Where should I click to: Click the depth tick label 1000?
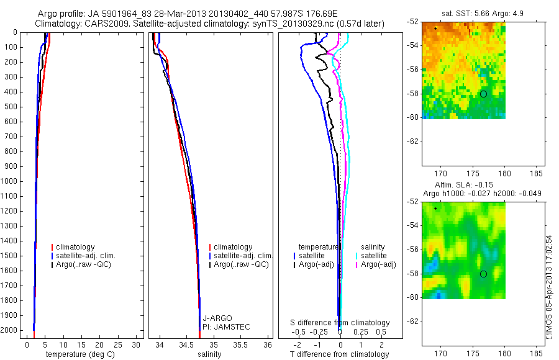[x=9, y=181]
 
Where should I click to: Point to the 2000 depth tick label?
[x=9, y=330]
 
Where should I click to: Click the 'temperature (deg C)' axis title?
[x=80, y=354]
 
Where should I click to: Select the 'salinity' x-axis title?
[x=209, y=354]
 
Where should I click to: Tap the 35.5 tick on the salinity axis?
[x=240, y=345]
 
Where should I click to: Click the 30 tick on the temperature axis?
[x=136, y=345]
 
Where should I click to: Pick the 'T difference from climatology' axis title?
[x=339, y=354]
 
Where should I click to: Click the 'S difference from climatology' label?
[x=340, y=323]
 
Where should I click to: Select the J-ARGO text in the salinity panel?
[x=217, y=318]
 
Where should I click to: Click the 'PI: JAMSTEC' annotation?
[x=226, y=327]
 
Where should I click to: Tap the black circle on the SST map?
[x=483, y=94]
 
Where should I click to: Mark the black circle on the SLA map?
[x=483, y=274]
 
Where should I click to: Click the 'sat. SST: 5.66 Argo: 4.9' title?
[x=483, y=14]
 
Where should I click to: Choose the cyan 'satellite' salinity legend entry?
[x=371, y=256]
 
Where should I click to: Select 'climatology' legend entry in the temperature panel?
[x=73, y=247]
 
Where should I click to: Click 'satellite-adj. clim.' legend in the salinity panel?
[x=241, y=256]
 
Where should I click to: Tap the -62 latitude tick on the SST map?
[x=412, y=142]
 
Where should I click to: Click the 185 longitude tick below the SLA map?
[x=536, y=354]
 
